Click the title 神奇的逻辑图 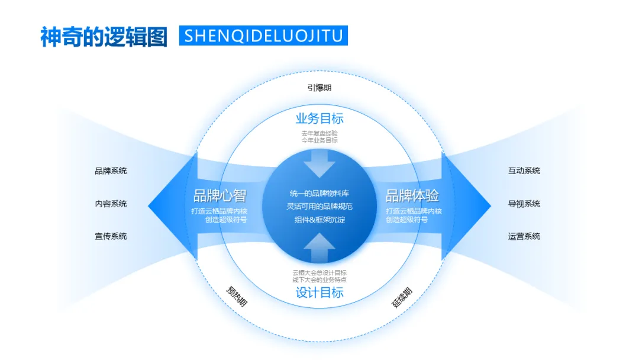click(x=104, y=36)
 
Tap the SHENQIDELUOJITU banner click(x=263, y=36)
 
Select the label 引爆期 click(x=319, y=88)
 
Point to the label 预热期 click(x=237, y=296)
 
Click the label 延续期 click(x=402, y=297)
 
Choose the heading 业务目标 click(x=319, y=118)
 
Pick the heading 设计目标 click(x=319, y=292)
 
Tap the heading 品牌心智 click(x=220, y=195)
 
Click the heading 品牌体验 click(x=412, y=195)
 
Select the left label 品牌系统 click(x=111, y=171)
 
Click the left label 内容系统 click(x=111, y=204)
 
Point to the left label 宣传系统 click(x=111, y=236)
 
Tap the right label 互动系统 click(x=524, y=171)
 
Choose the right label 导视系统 click(x=524, y=204)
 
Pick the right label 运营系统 click(x=524, y=236)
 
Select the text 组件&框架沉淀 click(x=319, y=220)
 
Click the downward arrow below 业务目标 click(x=319, y=163)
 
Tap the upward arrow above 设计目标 click(x=319, y=247)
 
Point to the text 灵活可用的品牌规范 click(x=319, y=207)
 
